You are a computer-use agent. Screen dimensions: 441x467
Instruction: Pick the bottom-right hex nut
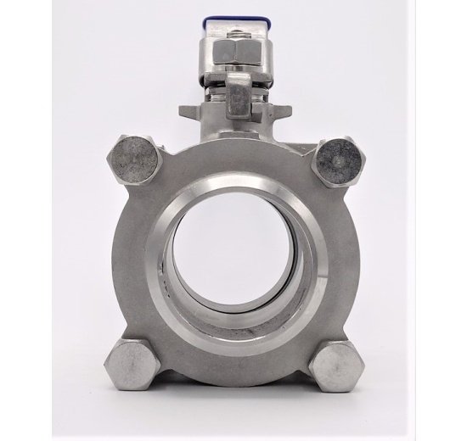338,366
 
